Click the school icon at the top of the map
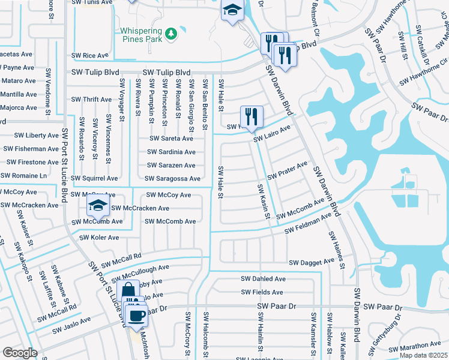click(x=232, y=11)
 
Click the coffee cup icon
click(x=137, y=314)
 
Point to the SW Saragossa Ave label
click(x=172, y=179)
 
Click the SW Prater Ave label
click(x=287, y=170)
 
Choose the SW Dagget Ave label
click(x=312, y=263)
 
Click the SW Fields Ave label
click(x=262, y=293)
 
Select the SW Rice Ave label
click(x=89, y=55)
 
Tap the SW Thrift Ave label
click(x=91, y=100)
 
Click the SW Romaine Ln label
click(x=24, y=176)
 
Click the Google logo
click(x=20, y=353)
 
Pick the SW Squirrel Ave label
click(x=94, y=179)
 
